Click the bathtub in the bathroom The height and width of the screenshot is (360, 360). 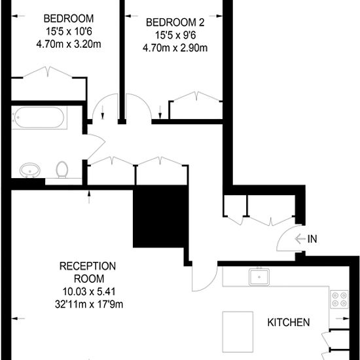[x=39, y=118]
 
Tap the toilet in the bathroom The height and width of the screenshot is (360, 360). [x=62, y=170]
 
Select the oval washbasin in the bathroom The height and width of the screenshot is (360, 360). [x=30, y=170]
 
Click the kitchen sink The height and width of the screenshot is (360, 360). [x=259, y=278]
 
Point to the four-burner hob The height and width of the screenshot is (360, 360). [x=339, y=299]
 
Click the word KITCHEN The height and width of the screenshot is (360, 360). [x=289, y=322]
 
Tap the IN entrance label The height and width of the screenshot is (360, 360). [x=312, y=239]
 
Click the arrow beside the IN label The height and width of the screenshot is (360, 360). [x=300, y=239]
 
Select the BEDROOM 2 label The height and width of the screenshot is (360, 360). [x=175, y=22]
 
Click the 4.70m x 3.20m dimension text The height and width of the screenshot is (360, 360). [x=69, y=44]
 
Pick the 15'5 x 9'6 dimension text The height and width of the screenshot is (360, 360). [x=175, y=35]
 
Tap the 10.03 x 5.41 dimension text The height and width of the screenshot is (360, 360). [x=89, y=291]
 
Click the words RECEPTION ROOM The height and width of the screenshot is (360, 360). [x=88, y=272]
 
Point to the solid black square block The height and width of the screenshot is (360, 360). [x=161, y=216]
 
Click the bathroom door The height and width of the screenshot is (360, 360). [x=96, y=147]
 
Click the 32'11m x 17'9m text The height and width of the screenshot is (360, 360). [x=89, y=304]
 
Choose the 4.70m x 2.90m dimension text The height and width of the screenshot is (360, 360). [x=175, y=48]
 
